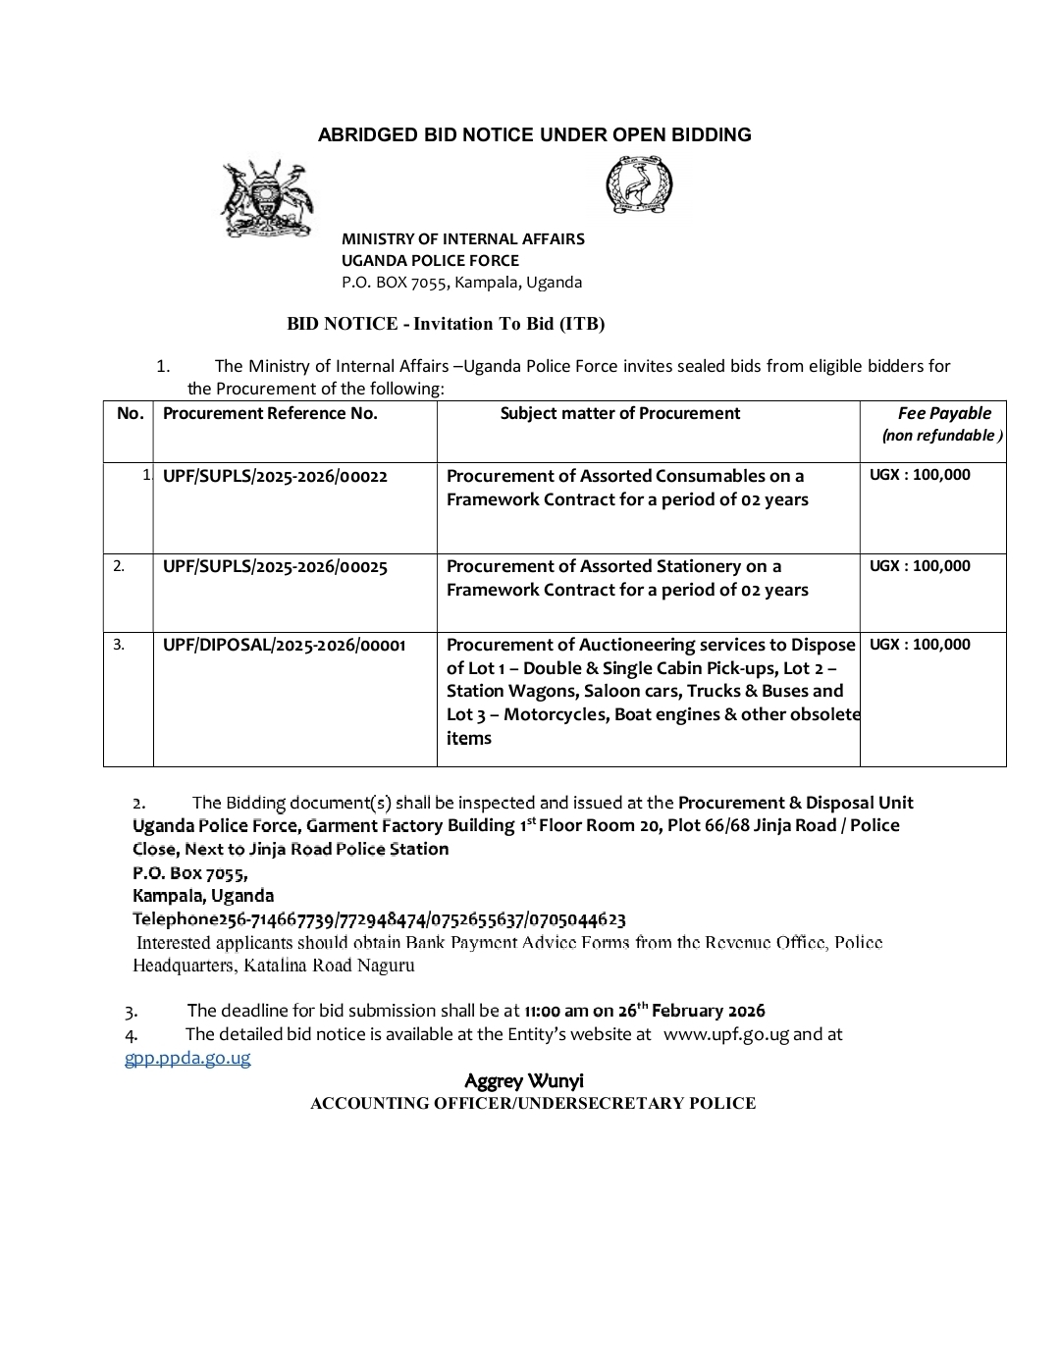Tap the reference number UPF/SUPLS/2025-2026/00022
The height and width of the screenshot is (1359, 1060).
point(275,476)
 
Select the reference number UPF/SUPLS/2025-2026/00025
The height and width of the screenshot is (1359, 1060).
point(275,566)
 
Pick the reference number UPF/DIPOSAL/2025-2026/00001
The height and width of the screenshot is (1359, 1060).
point(284,645)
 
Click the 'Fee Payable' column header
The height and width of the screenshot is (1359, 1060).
point(943,413)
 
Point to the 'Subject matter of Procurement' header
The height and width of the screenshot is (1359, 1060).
point(619,413)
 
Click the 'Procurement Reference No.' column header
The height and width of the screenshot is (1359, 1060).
point(270,413)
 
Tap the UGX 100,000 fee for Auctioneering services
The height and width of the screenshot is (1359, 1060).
point(920,644)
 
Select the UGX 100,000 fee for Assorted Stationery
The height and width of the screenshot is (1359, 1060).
point(920,565)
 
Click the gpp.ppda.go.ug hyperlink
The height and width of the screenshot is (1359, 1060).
point(187,1057)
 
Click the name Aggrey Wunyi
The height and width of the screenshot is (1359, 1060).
point(524,1080)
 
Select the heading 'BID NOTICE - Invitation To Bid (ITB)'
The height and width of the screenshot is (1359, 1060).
point(446,323)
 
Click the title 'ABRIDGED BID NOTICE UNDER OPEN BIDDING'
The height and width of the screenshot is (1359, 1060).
point(534,135)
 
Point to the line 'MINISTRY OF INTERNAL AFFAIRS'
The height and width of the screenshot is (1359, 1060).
point(462,238)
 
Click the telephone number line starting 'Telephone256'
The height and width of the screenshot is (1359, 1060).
point(379,919)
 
